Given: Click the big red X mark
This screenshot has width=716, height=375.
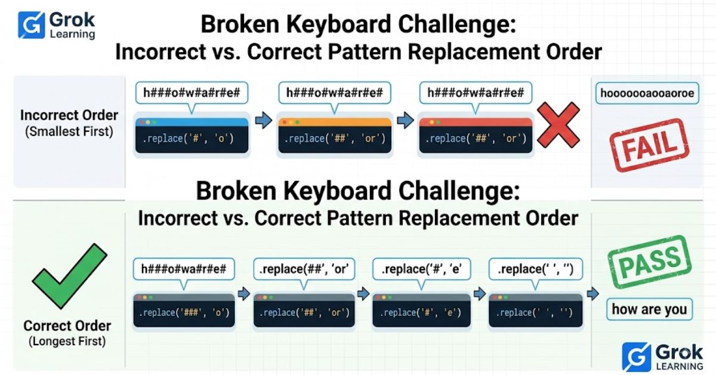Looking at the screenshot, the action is click(558, 125).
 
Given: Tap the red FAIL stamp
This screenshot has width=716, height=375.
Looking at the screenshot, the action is click(649, 146).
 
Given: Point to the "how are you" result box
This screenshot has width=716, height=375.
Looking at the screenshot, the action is click(649, 309).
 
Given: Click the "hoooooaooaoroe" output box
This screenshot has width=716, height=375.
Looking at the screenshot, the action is click(647, 93).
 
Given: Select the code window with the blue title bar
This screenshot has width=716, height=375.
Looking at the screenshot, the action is click(192, 136).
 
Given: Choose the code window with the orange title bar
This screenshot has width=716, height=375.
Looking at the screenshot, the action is click(335, 136).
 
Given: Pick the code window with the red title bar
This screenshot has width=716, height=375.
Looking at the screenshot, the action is click(476, 136).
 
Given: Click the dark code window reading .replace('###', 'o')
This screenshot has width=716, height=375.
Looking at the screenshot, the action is click(184, 311).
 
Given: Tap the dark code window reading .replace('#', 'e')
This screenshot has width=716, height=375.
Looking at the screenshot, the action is click(421, 311).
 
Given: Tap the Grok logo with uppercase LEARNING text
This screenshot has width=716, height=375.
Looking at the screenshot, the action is click(662, 357).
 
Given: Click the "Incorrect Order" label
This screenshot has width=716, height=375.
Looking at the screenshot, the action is click(69, 115).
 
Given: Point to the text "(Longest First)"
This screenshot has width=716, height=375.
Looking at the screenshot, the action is click(67, 341).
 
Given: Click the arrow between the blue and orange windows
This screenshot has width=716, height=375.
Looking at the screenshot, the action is click(264, 120).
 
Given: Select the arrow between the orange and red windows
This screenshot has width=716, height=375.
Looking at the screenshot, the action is click(405, 120).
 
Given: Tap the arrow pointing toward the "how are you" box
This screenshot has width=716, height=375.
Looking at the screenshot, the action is click(593, 294).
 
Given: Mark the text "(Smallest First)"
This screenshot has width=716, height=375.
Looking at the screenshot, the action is click(69, 131).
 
